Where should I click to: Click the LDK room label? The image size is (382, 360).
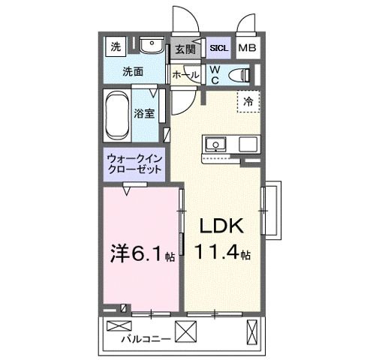pos(220,226)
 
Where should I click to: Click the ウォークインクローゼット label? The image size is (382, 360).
pos(135,164)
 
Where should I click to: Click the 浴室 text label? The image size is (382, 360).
pos(144,114)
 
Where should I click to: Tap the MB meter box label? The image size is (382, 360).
pos(246,49)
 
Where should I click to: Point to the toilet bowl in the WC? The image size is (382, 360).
pos(242,74)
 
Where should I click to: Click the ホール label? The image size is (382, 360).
pos(185,74)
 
